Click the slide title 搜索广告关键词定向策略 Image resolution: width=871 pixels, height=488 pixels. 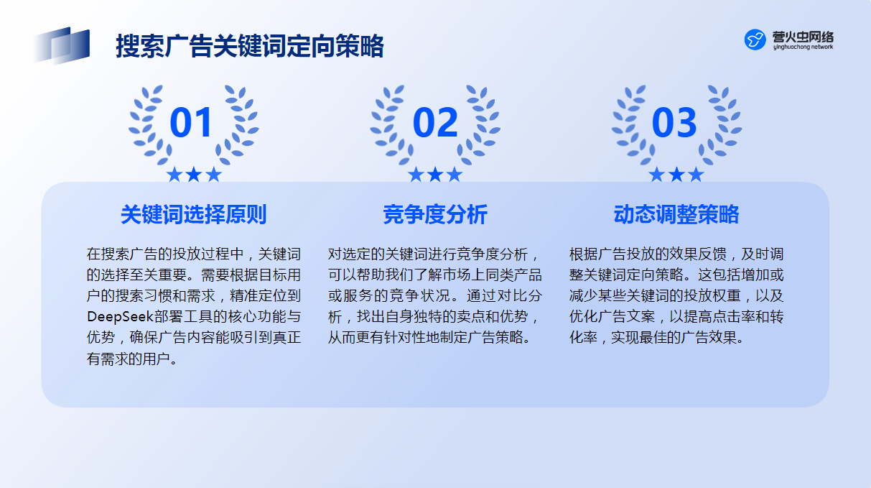click(250, 46)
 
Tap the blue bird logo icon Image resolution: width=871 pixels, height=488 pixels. click(755, 40)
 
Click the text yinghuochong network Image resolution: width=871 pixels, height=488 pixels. click(803, 47)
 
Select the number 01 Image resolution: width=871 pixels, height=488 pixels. click(191, 123)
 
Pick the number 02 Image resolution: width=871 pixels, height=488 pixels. click(435, 123)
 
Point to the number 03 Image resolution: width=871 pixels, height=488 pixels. click(674, 123)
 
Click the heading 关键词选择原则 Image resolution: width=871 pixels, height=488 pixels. click(194, 214)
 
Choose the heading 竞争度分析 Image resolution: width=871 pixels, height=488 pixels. click(435, 214)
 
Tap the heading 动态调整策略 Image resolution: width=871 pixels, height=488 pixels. click(676, 214)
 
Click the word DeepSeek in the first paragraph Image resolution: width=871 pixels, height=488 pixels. click(120, 317)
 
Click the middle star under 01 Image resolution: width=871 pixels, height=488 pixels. click(194, 175)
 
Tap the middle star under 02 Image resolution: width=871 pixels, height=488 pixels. click(435, 175)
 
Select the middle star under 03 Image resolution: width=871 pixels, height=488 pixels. click(676, 175)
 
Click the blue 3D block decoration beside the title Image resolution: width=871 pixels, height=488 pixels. click(62, 45)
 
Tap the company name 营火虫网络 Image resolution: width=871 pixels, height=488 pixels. click(803, 37)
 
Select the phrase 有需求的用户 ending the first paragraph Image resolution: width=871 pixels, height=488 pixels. click(128, 359)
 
